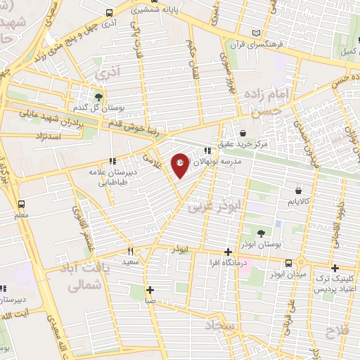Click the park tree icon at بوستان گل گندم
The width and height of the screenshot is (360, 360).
click(99, 96)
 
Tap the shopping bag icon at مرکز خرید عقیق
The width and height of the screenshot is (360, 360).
click(243, 133)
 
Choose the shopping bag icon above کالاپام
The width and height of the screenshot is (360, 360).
click(299, 191)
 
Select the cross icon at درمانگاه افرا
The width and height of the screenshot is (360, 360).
click(227, 252)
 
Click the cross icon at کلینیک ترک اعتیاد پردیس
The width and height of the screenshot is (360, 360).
click(335, 268)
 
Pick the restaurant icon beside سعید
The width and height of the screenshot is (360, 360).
click(131, 251)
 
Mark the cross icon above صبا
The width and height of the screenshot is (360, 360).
click(150, 289)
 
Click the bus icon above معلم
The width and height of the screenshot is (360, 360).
click(20, 204)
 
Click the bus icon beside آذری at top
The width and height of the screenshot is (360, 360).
click(108, 13)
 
